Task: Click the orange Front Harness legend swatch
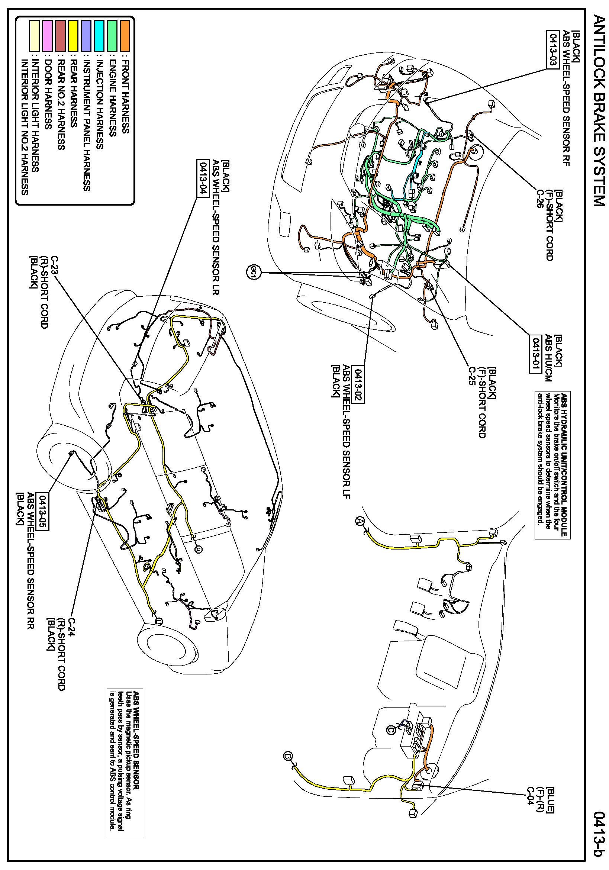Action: click(125, 36)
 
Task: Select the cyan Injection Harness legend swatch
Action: click(99, 36)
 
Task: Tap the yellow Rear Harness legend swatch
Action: click(73, 36)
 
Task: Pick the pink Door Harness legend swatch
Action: click(47, 36)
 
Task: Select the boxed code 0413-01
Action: click(535, 354)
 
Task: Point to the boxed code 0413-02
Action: click(358, 384)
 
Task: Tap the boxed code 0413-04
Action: click(203, 177)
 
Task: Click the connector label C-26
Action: click(540, 199)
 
